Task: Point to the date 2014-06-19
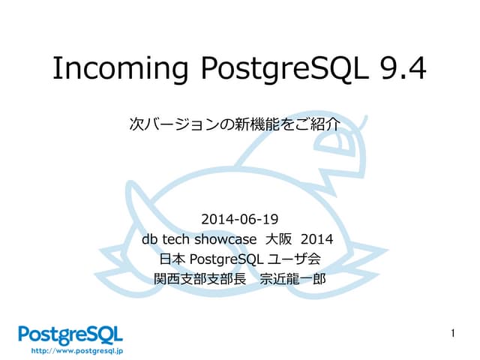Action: [x=240, y=220]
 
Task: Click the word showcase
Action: [x=226, y=240]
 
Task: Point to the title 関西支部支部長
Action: [x=197, y=280]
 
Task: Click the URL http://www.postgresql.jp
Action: [x=76, y=349]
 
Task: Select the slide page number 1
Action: [x=454, y=332]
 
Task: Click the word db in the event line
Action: [x=150, y=240]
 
